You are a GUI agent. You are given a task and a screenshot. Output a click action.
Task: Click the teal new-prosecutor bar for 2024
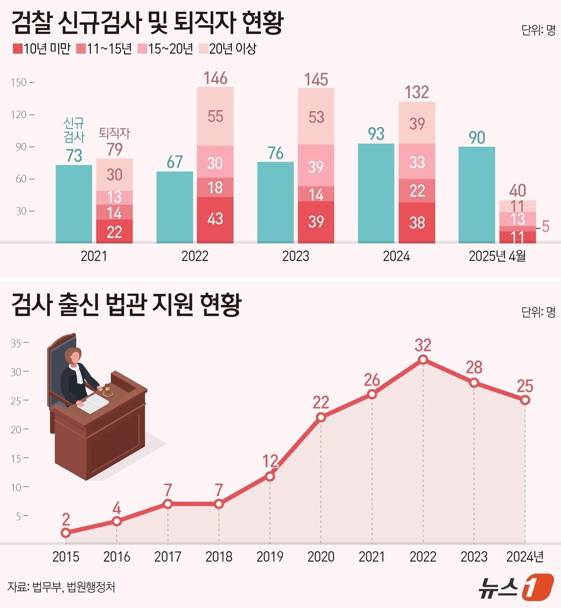tap(376, 193)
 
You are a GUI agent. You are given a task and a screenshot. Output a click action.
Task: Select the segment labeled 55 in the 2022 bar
tap(215, 117)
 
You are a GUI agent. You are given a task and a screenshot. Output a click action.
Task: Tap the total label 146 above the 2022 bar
tap(215, 78)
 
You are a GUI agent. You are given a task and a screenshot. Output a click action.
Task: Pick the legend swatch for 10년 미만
tap(17, 49)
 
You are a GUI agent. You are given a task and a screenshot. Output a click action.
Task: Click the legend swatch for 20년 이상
tap(203, 49)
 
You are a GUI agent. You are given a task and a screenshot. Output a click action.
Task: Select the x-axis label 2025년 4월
tap(497, 256)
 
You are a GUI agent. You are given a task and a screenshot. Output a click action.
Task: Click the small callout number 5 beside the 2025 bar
tap(545, 226)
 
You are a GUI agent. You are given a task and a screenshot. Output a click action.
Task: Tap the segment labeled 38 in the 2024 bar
tap(417, 222)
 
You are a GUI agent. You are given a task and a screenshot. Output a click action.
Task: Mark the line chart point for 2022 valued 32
tap(423, 360)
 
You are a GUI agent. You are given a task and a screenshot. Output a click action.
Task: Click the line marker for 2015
tap(66, 533)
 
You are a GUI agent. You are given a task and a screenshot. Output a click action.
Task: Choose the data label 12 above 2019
tap(270, 461)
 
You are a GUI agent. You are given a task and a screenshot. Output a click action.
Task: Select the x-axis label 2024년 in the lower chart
tap(525, 557)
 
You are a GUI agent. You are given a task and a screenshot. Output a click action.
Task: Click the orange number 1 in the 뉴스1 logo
tap(537, 587)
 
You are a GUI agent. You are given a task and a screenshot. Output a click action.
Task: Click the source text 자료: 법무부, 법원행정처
tap(61, 587)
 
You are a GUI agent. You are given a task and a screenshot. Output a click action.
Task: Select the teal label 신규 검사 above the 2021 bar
tap(74, 130)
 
